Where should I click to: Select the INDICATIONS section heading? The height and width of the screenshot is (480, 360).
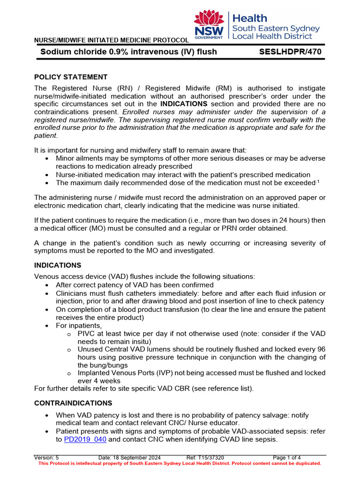tap(58, 265)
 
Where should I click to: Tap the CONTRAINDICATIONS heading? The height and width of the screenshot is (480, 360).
tap(73, 403)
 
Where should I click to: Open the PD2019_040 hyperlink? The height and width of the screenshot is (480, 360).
tap(85, 440)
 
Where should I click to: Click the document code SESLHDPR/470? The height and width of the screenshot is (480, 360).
tap(290, 52)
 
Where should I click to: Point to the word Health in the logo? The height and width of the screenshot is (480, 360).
tap(250, 18)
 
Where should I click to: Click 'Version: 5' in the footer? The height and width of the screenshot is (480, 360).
tap(47, 457)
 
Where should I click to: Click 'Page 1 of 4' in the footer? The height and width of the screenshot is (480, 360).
tap(287, 457)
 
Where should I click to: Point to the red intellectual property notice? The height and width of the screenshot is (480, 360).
tap(180, 463)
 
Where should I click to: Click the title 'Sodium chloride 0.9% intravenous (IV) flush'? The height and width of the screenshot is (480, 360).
tap(128, 52)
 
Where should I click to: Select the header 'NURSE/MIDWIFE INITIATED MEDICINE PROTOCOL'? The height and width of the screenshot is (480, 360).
tap(112, 40)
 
